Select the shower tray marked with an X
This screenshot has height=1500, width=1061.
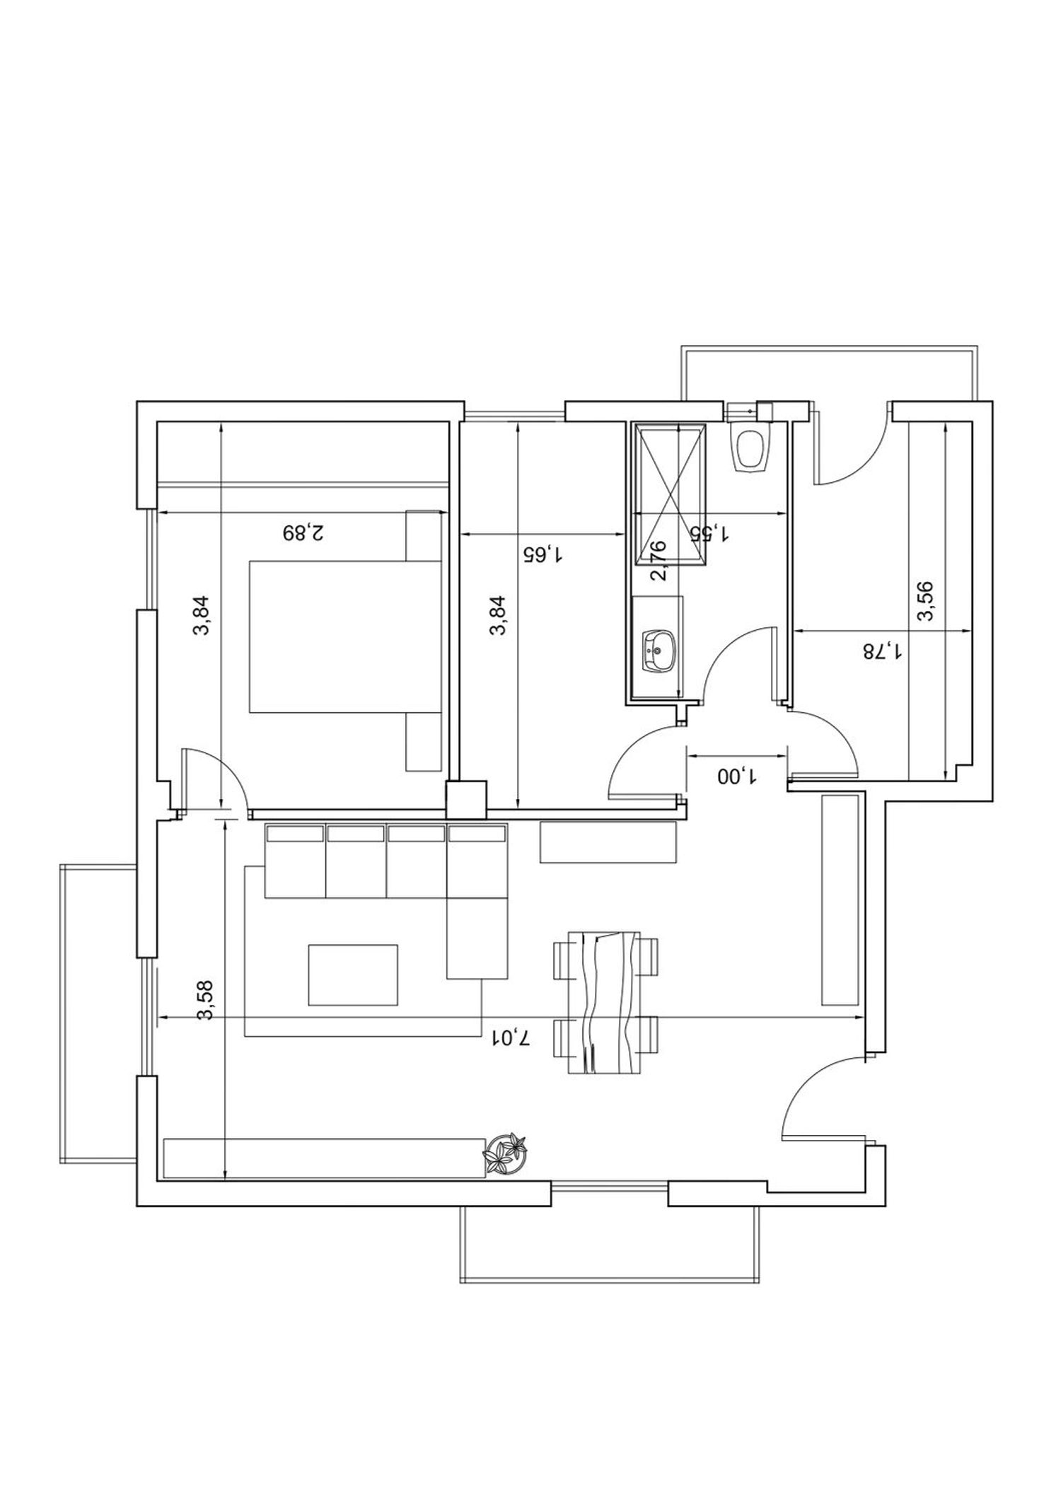tap(670, 494)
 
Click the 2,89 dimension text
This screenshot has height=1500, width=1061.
tap(303, 532)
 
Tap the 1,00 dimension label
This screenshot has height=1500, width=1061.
tap(737, 777)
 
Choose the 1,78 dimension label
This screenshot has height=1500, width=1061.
tap(882, 650)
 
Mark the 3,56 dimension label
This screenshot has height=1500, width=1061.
tap(925, 601)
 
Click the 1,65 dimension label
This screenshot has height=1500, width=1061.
tap(542, 554)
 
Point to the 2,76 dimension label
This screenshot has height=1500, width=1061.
tap(658, 560)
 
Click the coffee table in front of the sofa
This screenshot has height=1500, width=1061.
tap(353, 975)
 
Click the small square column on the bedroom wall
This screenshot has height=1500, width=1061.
tap(467, 800)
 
